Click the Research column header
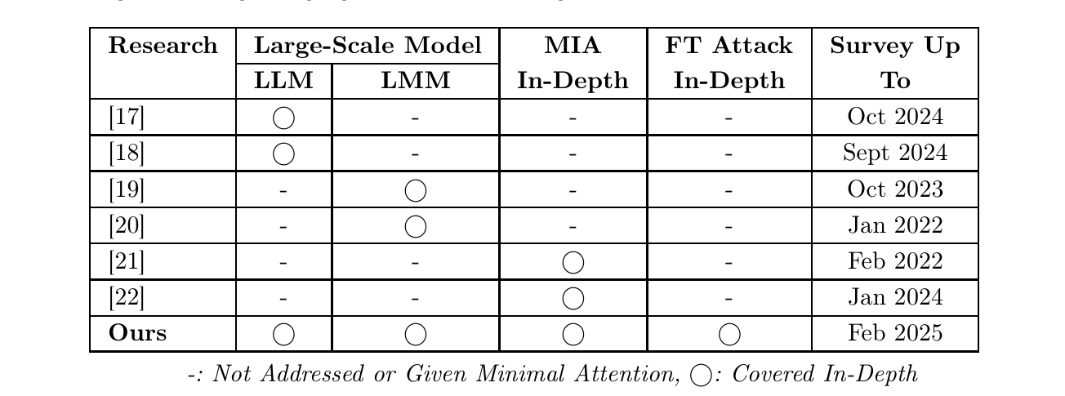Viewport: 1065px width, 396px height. (x=163, y=46)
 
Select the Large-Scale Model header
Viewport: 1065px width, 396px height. (x=367, y=46)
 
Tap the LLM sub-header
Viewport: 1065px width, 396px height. (x=283, y=81)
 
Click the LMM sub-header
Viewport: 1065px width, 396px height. (x=415, y=81)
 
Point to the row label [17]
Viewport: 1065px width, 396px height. (x=127, y=117)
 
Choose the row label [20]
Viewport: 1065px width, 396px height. (x=127, y=225)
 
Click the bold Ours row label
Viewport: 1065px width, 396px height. (x=137, y=333)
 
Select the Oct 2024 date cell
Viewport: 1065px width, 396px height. (x=895, y=117)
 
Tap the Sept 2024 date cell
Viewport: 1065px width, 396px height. (x=895, y=153)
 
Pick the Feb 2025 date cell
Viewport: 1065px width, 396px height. (x=895, y=333)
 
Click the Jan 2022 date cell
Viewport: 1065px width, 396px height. (x=895, y=225)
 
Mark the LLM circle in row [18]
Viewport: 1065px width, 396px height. (x=283, y=153)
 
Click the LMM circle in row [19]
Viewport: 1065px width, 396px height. (x=416, y=189)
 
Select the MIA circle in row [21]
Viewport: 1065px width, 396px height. (x=573, y=261)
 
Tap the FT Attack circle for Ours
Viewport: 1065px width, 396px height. (x=729, y=333)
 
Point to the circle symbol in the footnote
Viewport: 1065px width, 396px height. (x=701, y=375)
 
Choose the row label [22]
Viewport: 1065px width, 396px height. (x=127, y=297)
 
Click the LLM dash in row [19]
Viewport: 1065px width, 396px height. (x=283, y=190)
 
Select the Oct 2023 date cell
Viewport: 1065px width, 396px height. (x=895, y=189)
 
